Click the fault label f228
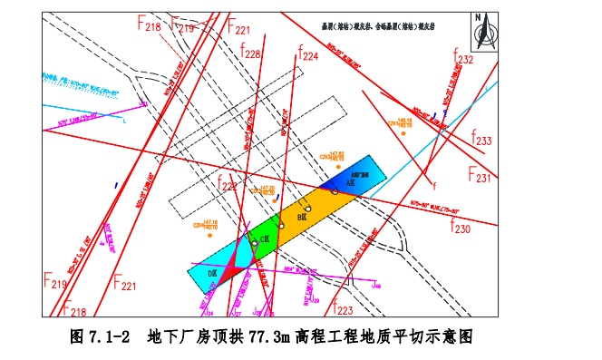pos(250,54)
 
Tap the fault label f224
pos(307,55)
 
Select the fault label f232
pos(463,59)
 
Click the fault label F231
pos(479,174)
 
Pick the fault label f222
pos(226,187)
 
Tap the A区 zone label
pos(340,181)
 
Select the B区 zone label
pos(301,219)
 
